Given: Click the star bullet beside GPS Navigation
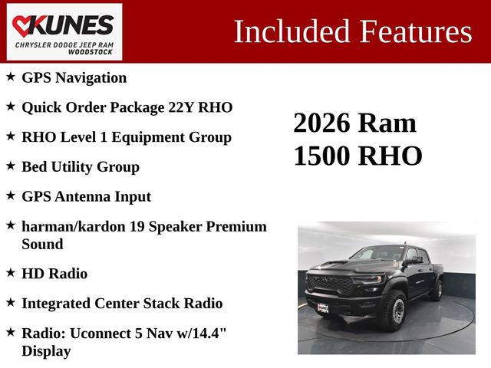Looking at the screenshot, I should point(10,77).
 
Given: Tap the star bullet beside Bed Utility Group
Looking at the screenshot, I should point(10,166).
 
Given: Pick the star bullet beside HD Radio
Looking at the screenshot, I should point(10,272).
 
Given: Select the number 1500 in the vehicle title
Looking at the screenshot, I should point(322,156).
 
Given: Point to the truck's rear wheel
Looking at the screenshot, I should point(437,289).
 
